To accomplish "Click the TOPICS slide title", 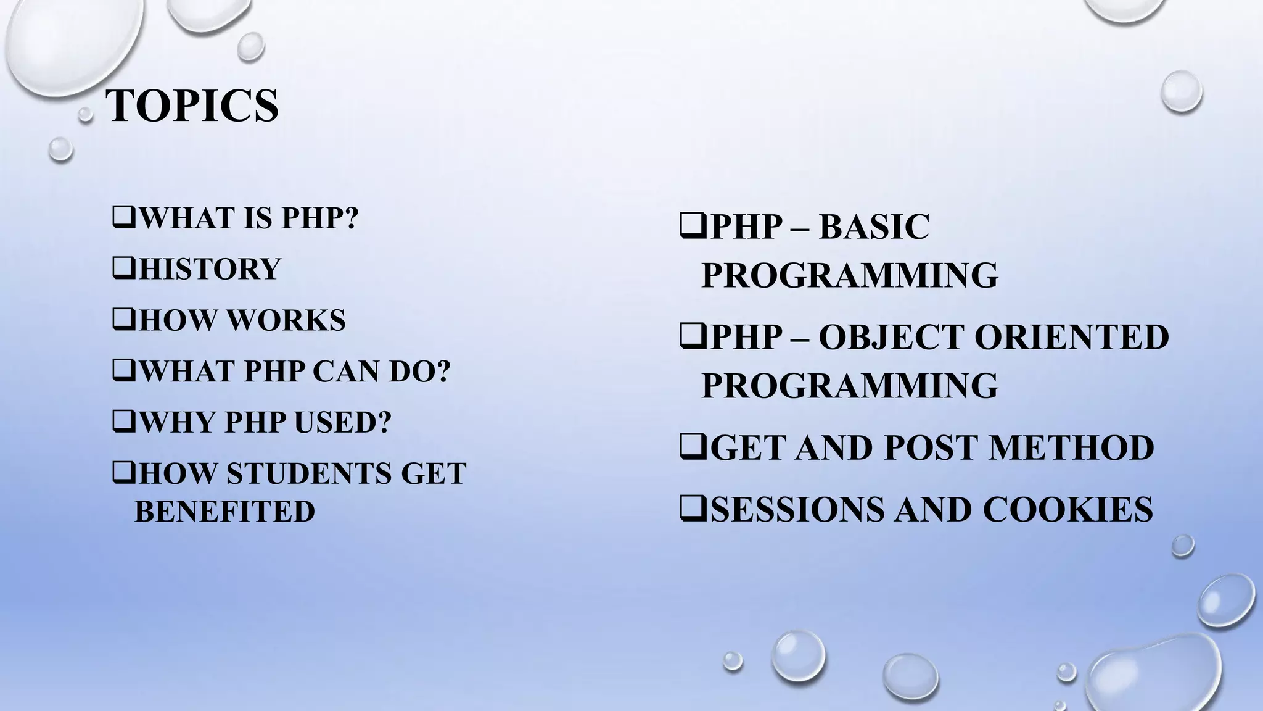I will pyautogui.click(x=192, y=106).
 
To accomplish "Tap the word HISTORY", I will pyautogui.click(x=210, y=270).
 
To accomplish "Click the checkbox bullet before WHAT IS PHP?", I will pyautogui.click(x=124, y=218).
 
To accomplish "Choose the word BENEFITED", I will pyautogui.click(x=224, y=512).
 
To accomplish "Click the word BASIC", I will pyautogui.click(x=874, y=227).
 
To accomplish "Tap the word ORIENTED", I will pyautogui.click(x=1072, y=338).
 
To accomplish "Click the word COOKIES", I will pyautogui.click(x=1068, y=510).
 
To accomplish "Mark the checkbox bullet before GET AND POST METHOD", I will pyautogui.click(x=693, y=449).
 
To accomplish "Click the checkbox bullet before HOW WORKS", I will pyautogui.click(x=124, y=321).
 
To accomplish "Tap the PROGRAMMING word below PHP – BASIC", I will pyautogui.click(x=849, y=275).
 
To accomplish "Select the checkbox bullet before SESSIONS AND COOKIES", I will pyautogui.click(x=693, y=510).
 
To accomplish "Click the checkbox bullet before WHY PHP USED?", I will pyautogui.click(x=124, y=423).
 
